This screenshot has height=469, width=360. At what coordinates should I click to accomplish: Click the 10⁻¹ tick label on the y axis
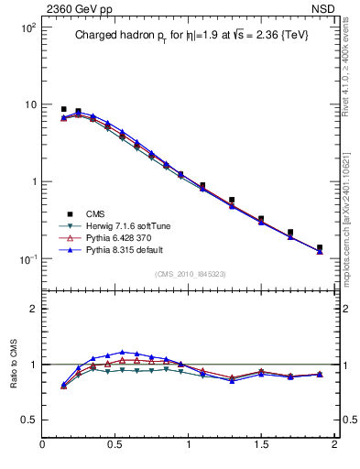[27, 259]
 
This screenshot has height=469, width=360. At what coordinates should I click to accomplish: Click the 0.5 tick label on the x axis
[115, 445]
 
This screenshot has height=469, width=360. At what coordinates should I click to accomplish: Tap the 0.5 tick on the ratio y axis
[28, 419]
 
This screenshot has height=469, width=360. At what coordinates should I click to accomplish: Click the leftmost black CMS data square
[63, 109]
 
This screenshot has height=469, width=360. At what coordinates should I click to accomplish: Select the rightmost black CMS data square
[320, 247]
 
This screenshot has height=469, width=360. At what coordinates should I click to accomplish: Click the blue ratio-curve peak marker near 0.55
[122, 352]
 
